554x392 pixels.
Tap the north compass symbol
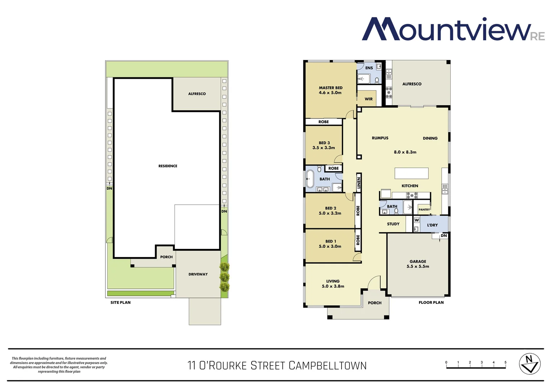click(x=530, y=364)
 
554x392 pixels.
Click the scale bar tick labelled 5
click(x=505, y=363)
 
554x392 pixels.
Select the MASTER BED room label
click(x=330, y=88)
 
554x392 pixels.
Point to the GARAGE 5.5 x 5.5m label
click(x=418, y=264)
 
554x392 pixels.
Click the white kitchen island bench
click(x=412, y=173)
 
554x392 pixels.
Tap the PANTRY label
click(x=424, y=210)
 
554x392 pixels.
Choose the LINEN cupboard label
click(x=359, y=183)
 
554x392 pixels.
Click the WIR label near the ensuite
click(x=368, y=99)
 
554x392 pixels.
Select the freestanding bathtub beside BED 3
click(x=310, y=179)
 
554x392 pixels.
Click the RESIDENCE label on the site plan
click(x=168, y=166)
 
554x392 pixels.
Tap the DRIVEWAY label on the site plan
click(x=198, y=274)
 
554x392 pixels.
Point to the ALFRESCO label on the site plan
click(x=197, y=94)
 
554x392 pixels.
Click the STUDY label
click(x=393, y=224)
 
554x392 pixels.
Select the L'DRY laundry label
click(x=432, y=225)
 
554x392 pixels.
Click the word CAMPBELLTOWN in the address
click(x=328, y=366)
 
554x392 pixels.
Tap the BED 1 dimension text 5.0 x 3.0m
click(x=330, y=246)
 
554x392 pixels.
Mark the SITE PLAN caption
click(x=120, y=303)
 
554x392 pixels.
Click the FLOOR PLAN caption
click(x=431, y=303)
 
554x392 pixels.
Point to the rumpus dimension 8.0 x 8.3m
click(x=405, y=152)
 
